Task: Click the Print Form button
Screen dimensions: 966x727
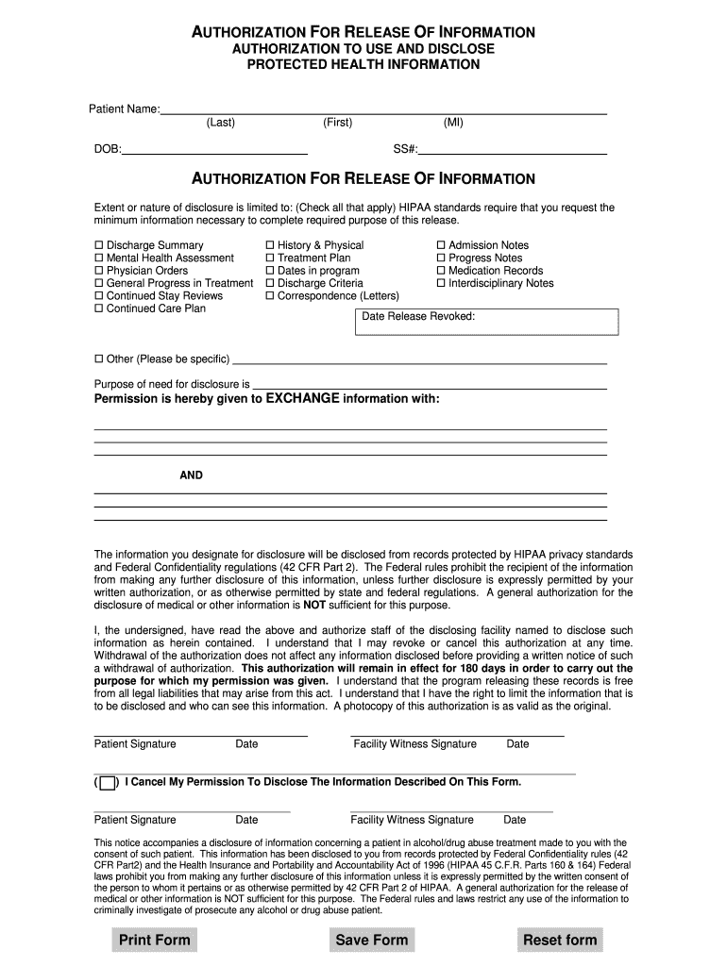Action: tap(155, 940)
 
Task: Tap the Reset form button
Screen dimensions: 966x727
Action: tap(560, 940)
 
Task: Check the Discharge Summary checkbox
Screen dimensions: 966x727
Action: tap(99, 246)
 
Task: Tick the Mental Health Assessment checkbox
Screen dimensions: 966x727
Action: tap(99, 258)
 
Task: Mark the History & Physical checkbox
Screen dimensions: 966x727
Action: tap(270, 246)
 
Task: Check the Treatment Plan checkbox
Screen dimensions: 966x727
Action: tap(270, 258)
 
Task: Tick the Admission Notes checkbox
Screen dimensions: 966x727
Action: tap(441, 246)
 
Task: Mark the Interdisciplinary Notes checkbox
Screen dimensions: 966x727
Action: tap(441, 284)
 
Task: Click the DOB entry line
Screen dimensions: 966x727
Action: tap(215, 147)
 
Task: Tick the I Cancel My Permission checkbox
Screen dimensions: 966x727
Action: tap(108, 782)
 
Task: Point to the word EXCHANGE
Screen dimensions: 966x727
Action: tap(302, 399)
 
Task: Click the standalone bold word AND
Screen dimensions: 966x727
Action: tap(192, 475)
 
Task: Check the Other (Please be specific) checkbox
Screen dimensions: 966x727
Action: tap(99, 359)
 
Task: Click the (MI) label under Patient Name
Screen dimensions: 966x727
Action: tap(453, 123)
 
